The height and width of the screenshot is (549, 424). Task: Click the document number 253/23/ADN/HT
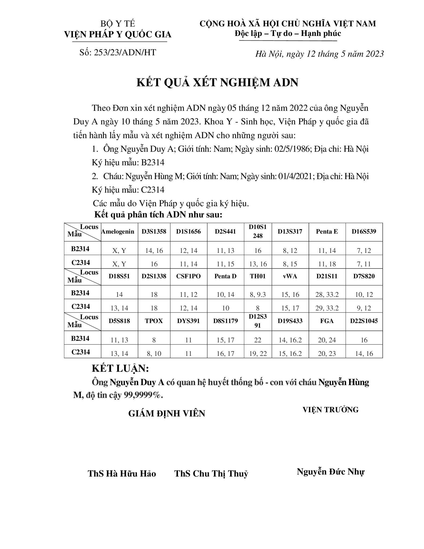(125, 53)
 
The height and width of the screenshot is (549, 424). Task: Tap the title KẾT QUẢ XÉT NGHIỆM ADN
(217, 83)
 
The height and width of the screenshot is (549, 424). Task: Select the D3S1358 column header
(154, 231)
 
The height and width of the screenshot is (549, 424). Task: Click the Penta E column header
(327, 231)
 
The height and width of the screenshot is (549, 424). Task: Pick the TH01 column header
(258, 276)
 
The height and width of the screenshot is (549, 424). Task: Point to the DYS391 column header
(188, 321)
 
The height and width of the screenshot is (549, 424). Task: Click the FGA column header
(327, 321)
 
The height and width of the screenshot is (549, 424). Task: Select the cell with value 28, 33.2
(327, 295)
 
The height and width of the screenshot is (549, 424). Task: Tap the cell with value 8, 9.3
(258, 295)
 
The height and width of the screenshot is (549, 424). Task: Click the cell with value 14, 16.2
(290, 340)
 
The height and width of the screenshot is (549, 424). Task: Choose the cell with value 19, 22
(258, 354)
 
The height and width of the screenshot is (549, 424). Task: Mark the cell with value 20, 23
(327, 354)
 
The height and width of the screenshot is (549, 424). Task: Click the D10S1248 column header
(258, 231)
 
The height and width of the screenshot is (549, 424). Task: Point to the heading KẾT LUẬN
(120, 369)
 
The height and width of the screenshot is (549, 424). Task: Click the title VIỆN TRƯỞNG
(330, 410)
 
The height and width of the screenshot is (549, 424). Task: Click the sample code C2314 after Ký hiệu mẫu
(153, 190)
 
